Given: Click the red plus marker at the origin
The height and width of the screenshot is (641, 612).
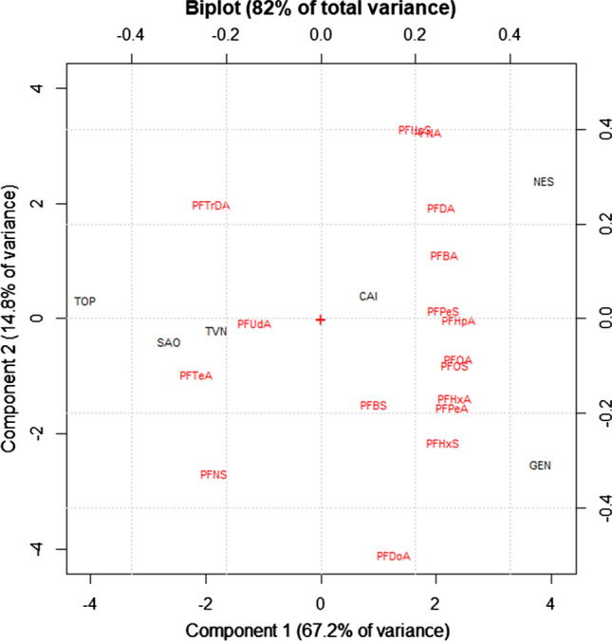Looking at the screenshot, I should pyautogui.click(x=321, y=320).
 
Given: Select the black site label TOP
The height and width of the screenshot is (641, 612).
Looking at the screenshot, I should pyautogui.click(x=85, y=302).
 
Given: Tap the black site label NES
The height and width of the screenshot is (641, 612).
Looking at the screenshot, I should pyautogui.click(x=544, y=182).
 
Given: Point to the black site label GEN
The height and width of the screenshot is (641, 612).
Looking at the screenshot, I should pyautogui.click(x=540, y=466).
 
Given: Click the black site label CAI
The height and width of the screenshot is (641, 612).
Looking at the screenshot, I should pyautogui.click(x=368, y=297).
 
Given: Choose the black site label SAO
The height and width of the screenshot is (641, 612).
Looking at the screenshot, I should pyautogui.click(x=169, y=343).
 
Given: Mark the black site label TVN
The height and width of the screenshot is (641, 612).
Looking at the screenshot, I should pyautogui.click(x=216, y=332).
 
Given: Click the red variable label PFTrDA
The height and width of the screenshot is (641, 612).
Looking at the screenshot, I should pyautogui.click(x=211, y=205).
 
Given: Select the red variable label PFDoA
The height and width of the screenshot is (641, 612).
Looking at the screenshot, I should pyautogui.click(x=393, y=557).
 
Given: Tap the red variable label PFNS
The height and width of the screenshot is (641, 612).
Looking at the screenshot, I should pyautogui.click(x=213, y=475).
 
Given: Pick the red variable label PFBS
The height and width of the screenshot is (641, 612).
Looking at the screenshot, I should pyautogui.click(x=373, y=406).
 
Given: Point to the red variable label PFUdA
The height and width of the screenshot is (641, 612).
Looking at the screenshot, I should pyautogui.click(x=254, y=324).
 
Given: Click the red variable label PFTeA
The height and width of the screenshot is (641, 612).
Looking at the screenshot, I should pyautogui.click(x=195, y=375).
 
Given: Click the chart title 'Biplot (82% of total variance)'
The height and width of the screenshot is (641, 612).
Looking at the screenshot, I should pyautogui.click(x=321, y=9).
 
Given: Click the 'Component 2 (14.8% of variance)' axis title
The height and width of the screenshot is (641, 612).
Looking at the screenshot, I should pyautogui.click(x=12, y=320).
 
